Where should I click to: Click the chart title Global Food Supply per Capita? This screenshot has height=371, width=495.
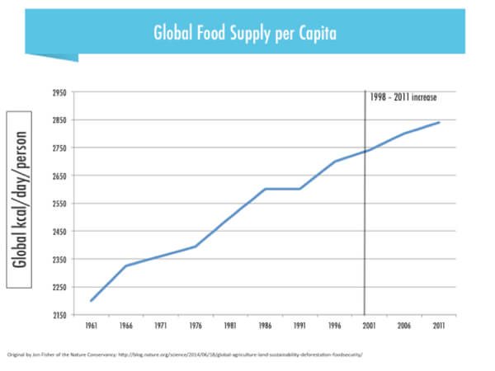point(246,34)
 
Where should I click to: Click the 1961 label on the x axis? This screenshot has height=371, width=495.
point(92,326)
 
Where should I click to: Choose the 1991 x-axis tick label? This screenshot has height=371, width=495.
point(300,326)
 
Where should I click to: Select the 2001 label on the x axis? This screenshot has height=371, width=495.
point(370,326)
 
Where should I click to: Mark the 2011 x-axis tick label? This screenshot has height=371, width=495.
point(439,326)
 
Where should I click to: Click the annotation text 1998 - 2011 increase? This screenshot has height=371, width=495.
point(403,97)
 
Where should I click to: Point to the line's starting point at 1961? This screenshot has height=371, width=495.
point(92,301)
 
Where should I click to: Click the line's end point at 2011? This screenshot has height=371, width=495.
point(439,122)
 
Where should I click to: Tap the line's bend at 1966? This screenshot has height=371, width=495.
point(126,265)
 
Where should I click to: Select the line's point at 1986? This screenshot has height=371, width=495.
point(265,189)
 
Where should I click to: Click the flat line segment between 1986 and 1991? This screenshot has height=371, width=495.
point(283,189)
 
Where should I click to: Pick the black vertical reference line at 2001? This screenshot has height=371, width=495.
point(364,231)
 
